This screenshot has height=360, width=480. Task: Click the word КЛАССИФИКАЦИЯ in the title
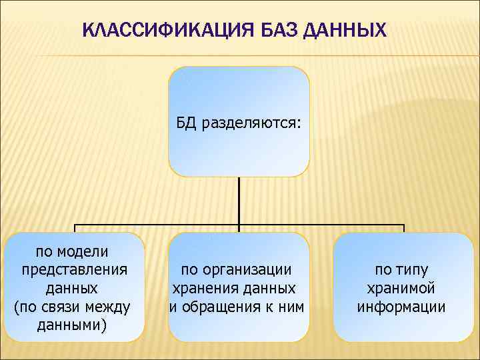155,31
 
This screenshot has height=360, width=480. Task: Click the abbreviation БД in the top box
186,123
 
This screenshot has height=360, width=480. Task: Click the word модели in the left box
83,251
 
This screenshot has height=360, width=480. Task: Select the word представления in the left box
75,270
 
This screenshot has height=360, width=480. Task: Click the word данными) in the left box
74,326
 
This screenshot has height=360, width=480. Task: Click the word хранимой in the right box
401,289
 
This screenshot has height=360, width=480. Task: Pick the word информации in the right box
401,307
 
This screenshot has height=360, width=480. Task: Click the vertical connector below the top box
239,200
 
